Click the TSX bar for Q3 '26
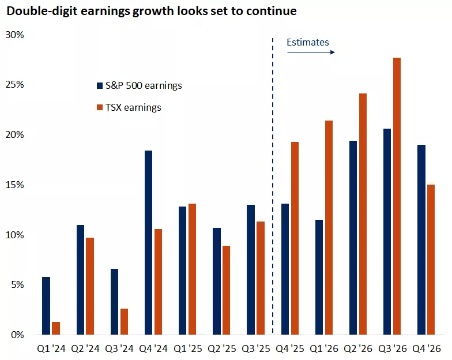pos(397,196)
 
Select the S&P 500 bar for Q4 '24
pos(148,242)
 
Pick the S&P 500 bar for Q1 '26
pos(318,277)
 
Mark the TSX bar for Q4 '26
pos(430,260)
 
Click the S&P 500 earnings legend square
pos(100,86)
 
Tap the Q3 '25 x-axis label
pos(255,350)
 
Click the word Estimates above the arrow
pos(308,42)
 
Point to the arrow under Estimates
pos(311,52)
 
